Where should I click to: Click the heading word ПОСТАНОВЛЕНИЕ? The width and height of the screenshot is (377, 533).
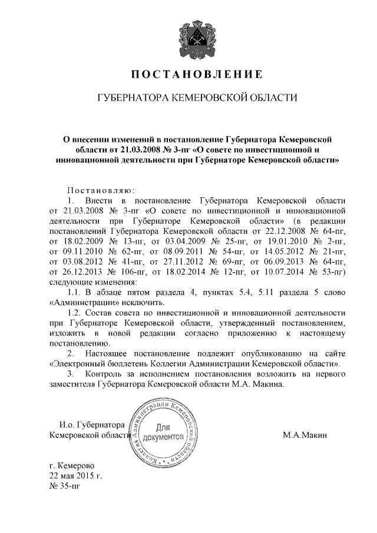click(188, 75)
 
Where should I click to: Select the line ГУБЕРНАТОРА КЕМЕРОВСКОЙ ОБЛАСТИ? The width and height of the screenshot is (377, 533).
click(188, 97)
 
